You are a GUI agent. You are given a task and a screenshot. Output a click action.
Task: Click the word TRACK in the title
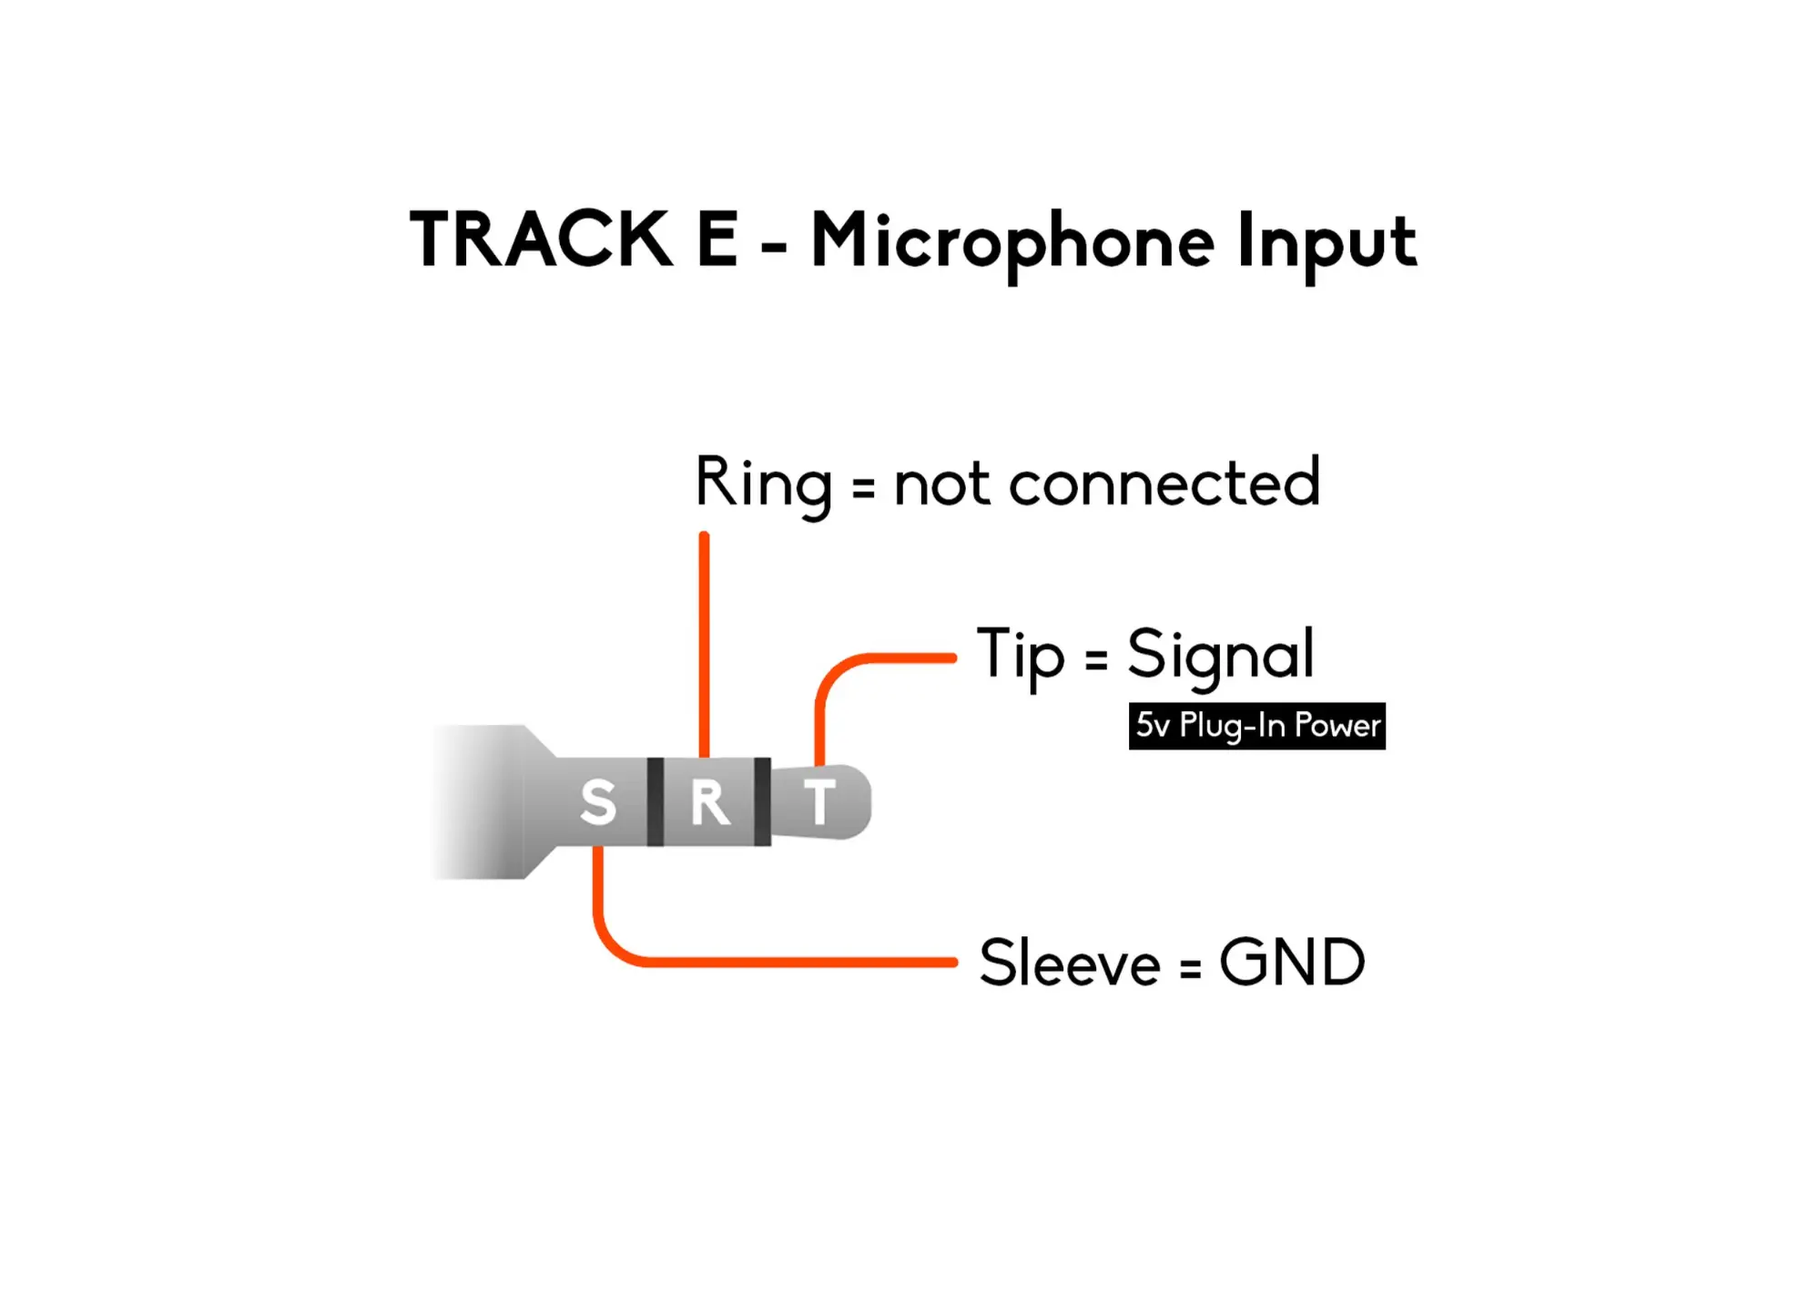pos(541,240)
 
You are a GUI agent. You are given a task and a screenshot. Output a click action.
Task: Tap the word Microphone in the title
pos(1012,241)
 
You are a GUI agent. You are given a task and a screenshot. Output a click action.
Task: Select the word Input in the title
pos(1326,243)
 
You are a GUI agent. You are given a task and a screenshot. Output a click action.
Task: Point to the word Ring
pos(763,483)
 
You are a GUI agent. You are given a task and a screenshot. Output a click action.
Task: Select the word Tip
pos(1020,654)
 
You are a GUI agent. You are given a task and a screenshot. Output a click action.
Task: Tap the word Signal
pos(1220,654)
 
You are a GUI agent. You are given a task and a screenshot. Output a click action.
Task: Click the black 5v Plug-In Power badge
pos(1256,726)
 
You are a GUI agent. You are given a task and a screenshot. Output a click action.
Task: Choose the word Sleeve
pos(1069,963)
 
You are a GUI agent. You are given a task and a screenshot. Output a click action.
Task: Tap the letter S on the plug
pos(598,802)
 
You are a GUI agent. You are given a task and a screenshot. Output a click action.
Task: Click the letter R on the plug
pos(709,802)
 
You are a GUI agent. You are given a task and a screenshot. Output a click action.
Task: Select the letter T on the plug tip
pos(819,801)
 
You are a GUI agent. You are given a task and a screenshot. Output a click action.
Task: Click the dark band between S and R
pos(655,801)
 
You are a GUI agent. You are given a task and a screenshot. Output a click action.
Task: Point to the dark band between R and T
pos(762,801)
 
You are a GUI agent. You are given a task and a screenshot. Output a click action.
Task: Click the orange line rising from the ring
pos(704,637)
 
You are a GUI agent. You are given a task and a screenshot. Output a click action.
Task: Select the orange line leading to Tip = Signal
pos(892,657)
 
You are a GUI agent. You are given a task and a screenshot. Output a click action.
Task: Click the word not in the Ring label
pos(941,484)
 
